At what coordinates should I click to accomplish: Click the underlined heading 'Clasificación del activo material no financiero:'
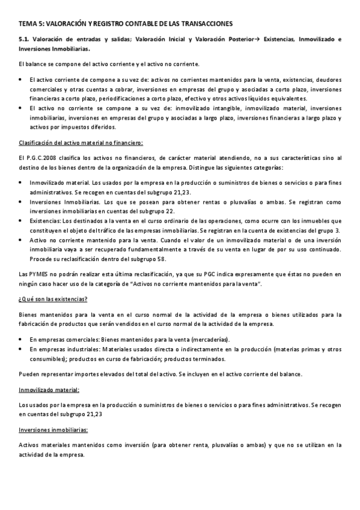81,142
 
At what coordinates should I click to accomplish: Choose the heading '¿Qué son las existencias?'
53,299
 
